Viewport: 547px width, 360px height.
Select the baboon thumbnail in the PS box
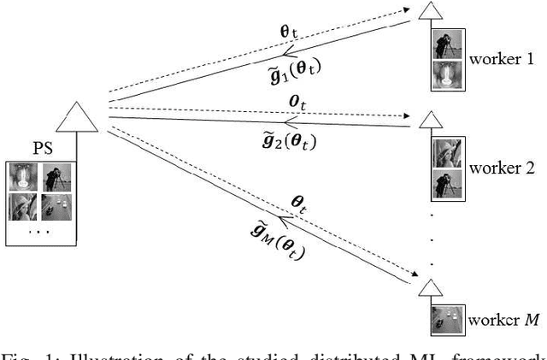click(x=23, y=178)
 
